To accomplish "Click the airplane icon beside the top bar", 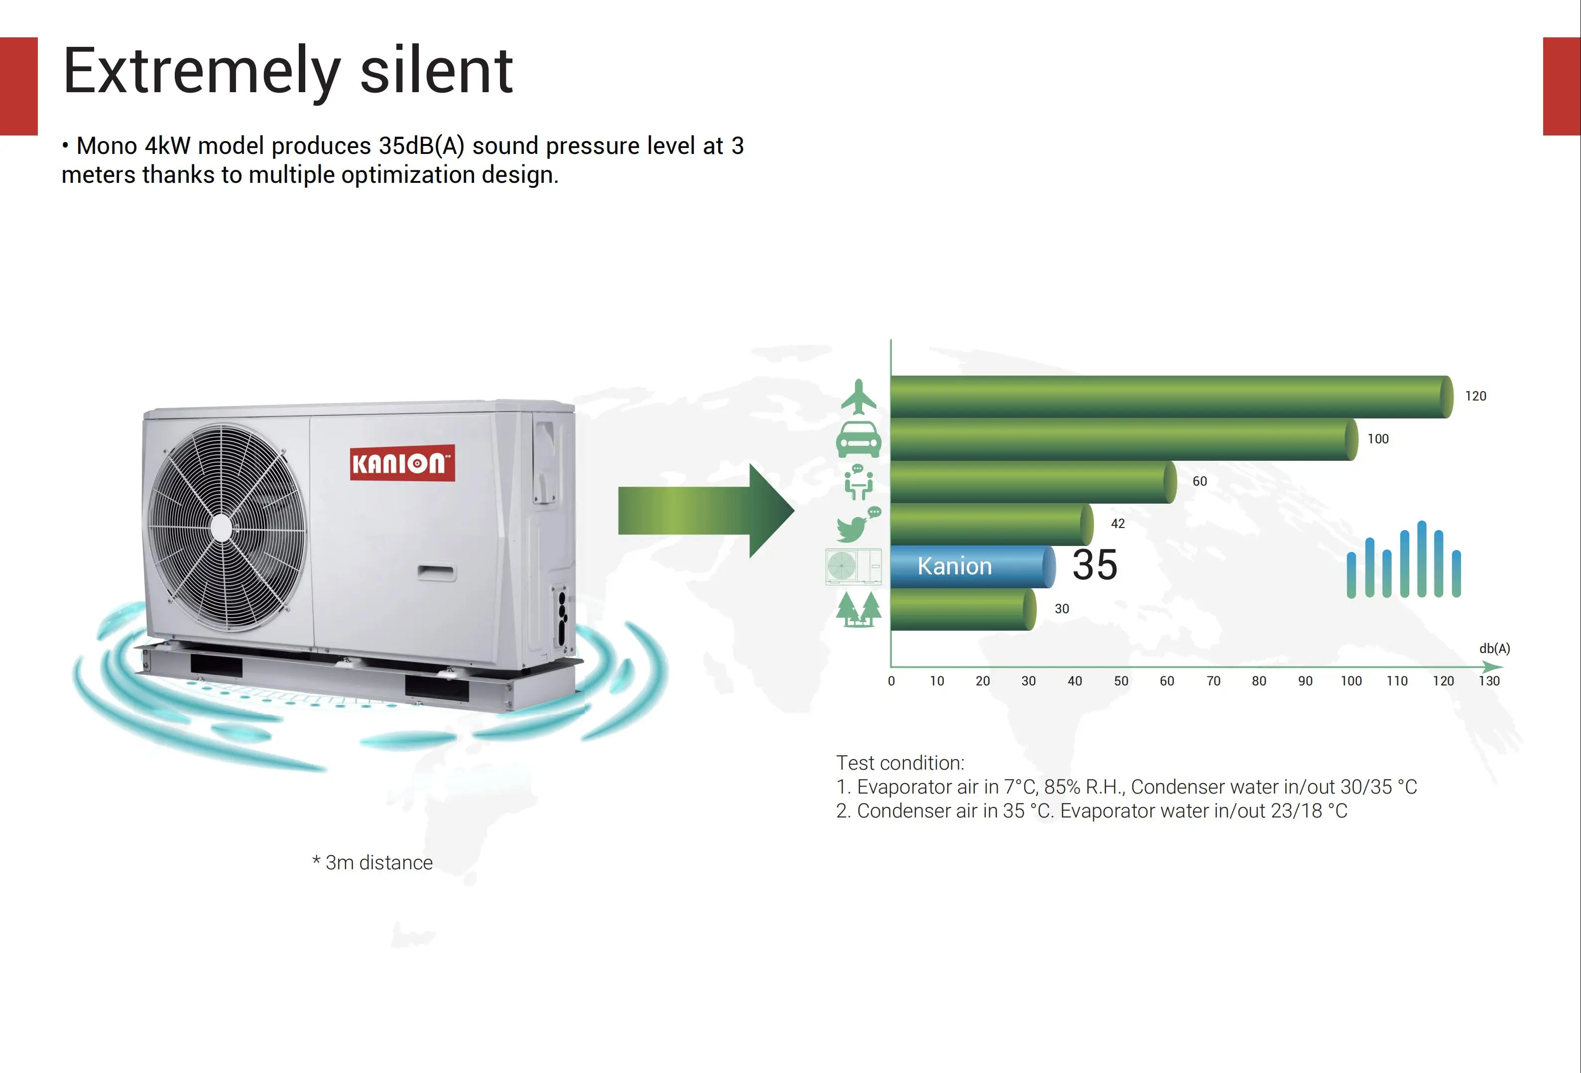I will (858, 397).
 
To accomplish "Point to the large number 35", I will (1095, 565).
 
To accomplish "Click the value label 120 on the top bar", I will (1475, 396).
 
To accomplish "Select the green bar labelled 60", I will (1031, 482).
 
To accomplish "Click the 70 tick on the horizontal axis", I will (1213, 681).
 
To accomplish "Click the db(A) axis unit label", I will (1494, 649).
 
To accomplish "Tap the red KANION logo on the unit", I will (402, 464).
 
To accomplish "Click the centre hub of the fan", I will (222, 528).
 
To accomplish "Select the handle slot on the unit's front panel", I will (436, 572).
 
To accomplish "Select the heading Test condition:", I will (899, 763).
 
